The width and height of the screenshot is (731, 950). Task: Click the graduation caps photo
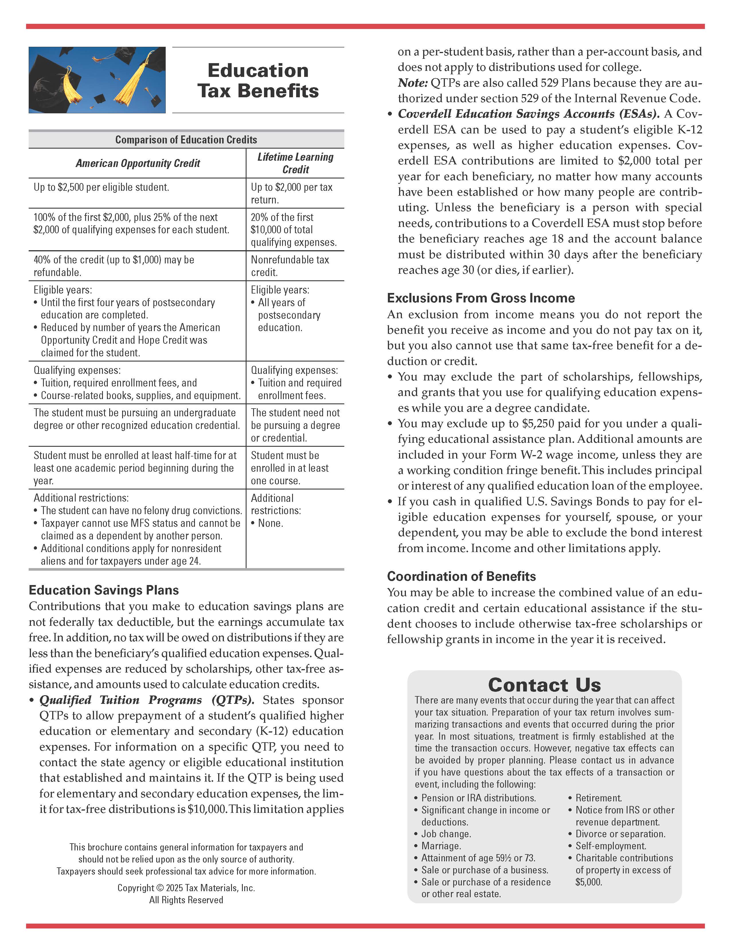(x=97, y=80)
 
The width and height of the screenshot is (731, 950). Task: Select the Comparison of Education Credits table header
(x=186, y=140)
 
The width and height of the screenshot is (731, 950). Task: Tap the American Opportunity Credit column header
(x=138, y=163)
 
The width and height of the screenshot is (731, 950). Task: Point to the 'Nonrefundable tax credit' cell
(x=290, y=266)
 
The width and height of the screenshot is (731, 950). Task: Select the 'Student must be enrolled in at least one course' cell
(x=290, y=468)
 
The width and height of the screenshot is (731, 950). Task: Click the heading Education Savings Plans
(x=104, y=590)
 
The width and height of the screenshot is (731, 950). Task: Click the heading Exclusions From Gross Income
(x=481, y=298)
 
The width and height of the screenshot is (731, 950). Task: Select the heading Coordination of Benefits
(x=461, y=576)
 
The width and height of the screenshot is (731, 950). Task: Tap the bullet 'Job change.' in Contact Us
(x=446, y=834)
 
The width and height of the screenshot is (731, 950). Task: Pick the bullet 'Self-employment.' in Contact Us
(x=611, y=846)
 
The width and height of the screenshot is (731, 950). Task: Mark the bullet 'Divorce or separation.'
(x=620, y=834)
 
